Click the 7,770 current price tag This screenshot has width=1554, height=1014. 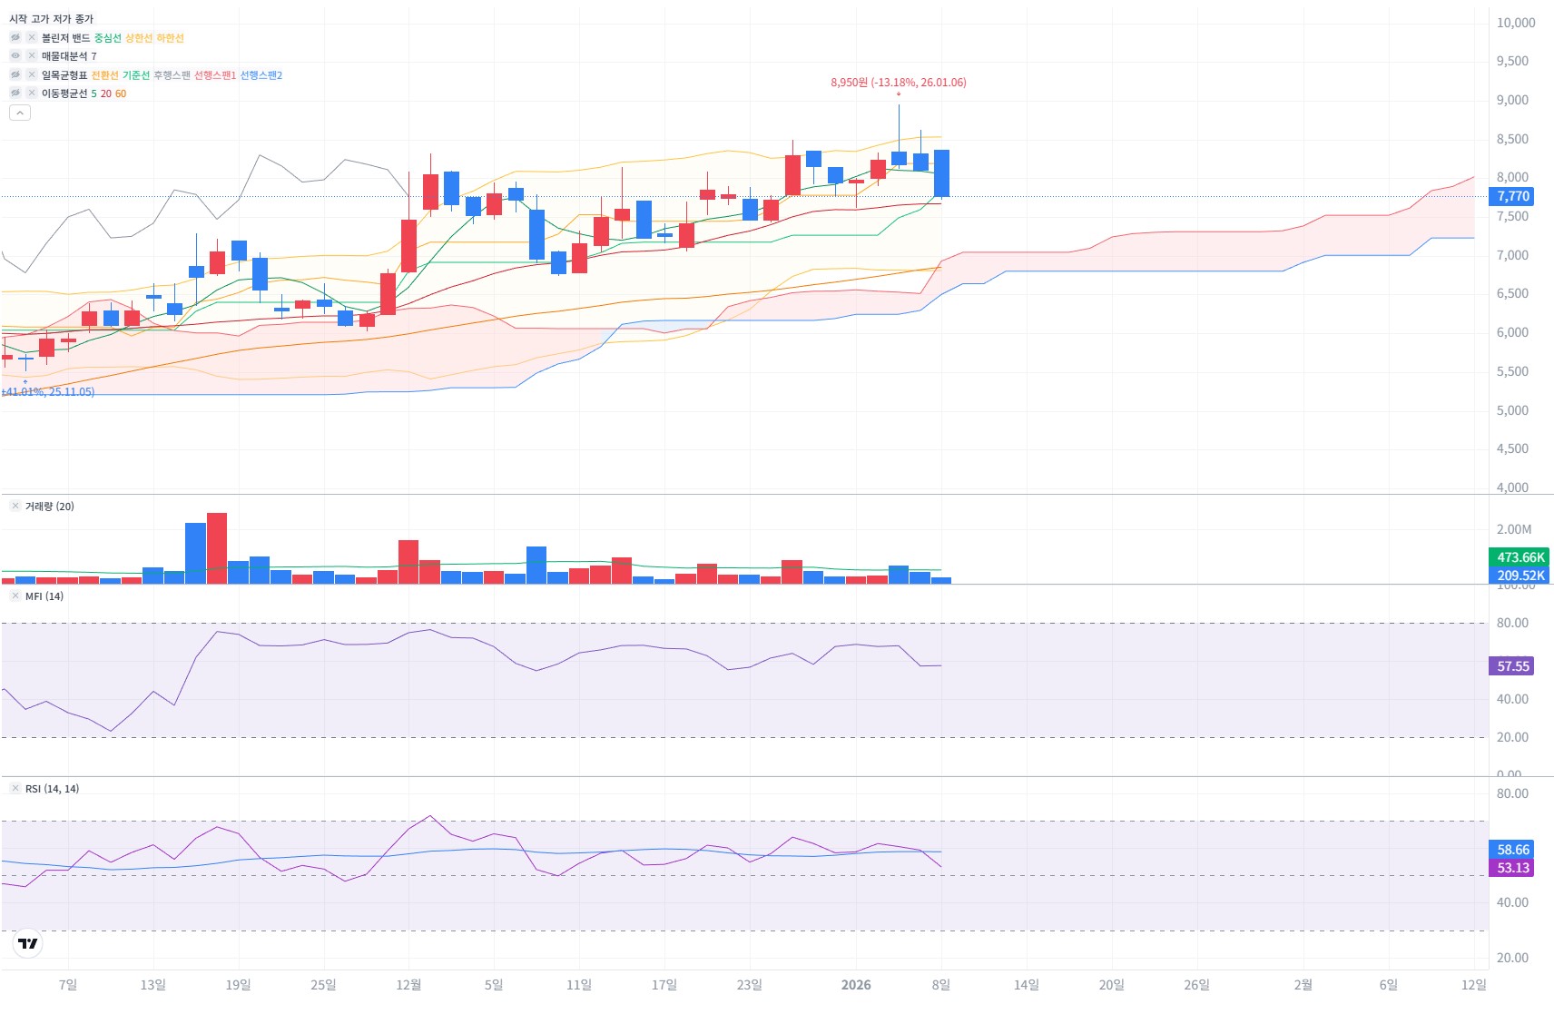(1512, 196)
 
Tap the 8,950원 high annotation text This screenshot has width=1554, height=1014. (898, 83)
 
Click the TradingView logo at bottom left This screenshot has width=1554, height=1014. (28, 943)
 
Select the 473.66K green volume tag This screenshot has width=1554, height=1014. (1520, 557)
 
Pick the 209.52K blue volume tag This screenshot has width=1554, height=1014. (1520, 576)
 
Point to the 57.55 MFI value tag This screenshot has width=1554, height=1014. (1512, 666)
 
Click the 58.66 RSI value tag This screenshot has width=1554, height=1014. (1512, 850)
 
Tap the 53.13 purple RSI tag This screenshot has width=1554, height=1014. (1512, 868)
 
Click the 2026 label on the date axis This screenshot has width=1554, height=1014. (856, 985)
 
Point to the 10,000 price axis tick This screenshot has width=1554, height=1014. (1515, 23)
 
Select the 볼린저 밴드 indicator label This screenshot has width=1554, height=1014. (65, 38)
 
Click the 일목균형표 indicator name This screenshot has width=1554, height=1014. (64, 75)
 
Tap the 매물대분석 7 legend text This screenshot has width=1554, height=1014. (69, 56)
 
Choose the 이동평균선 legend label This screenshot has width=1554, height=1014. (64, 94)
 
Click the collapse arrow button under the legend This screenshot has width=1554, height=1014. (20, 113)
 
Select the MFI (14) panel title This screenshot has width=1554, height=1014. (44, 596)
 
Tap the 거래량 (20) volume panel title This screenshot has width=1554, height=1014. (50, 507)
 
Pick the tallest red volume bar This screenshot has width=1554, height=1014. (217, 548)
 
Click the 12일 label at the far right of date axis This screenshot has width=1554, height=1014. (1473, 985)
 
